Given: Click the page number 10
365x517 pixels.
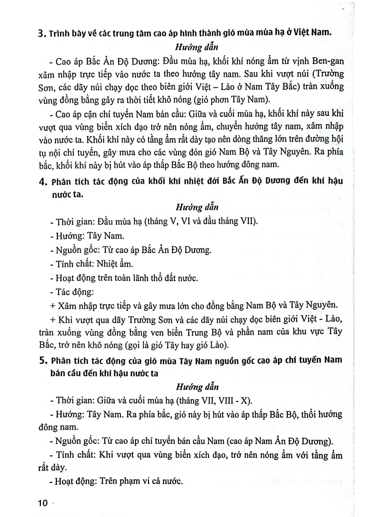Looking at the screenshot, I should click(x=43, y=503).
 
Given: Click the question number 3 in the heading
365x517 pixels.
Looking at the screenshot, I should click(x=42, y=34).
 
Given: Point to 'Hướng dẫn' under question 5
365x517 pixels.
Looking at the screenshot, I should click(x=197, y=387).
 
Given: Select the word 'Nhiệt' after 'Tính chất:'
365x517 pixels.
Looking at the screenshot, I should click(x=107, y=264).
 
